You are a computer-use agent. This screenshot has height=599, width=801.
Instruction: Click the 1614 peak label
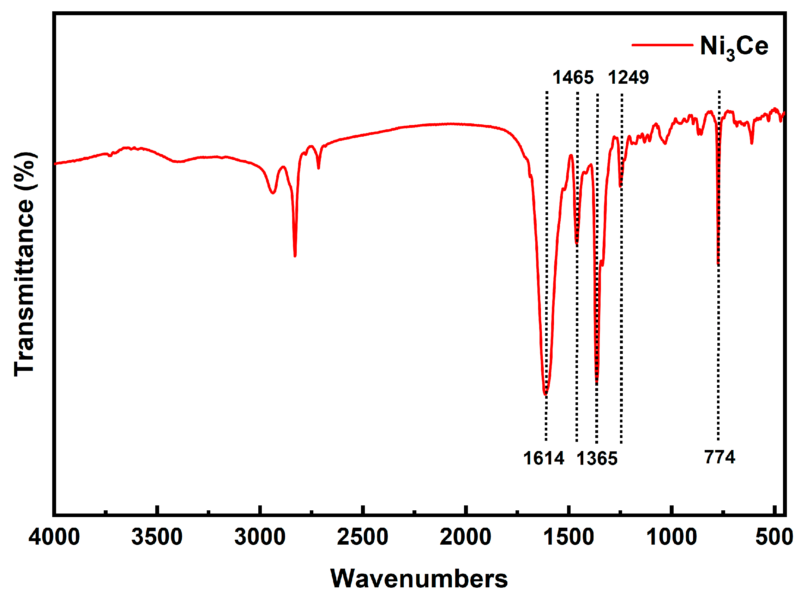click(x=543, y=458)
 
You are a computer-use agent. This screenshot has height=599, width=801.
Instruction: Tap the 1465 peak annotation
click(x=573, y=78)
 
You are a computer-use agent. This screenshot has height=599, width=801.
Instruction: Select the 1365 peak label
click(x=597, y=459)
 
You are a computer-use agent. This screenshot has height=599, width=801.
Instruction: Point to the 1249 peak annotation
click(x=628, y=78)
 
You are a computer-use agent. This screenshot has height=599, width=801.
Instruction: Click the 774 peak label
click(x=719, y=457)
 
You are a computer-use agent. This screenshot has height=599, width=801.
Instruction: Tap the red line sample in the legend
click(x=662, y=45)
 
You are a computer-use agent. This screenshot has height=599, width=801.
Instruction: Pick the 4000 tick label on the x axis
click(x=54, y=537)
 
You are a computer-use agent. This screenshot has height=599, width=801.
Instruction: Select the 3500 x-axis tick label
click(x=157, y=537)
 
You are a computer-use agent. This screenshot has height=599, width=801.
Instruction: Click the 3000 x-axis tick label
click(x=260, y=537)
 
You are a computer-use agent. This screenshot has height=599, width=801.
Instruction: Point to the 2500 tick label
click(x=362, y=537)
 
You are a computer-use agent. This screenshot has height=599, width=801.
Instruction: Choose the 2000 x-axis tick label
click(x=465, y=537)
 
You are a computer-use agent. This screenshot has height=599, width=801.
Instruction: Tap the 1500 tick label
click(x=568, y=537)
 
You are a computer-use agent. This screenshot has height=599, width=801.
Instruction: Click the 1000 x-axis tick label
click(x=671, y=537)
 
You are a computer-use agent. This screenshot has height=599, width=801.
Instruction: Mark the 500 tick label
click(x=774, y=537)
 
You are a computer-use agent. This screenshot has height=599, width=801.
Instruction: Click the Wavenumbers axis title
click(x=419, y=579)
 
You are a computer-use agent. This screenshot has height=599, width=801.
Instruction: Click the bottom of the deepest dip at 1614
click(x=545, y=393)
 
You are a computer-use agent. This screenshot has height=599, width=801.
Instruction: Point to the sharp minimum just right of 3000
click(x=295, y=256)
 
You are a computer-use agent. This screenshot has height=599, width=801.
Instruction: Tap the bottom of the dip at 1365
click(x=597, y=382)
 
